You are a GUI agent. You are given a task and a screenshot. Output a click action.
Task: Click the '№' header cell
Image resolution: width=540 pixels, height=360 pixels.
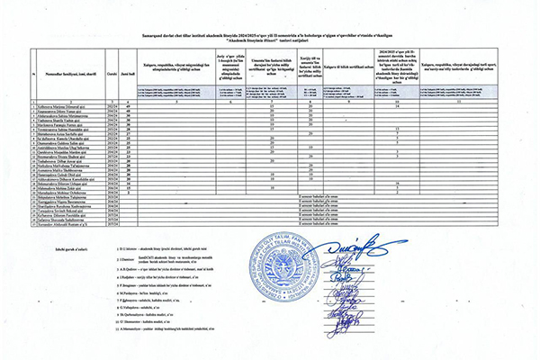34,77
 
